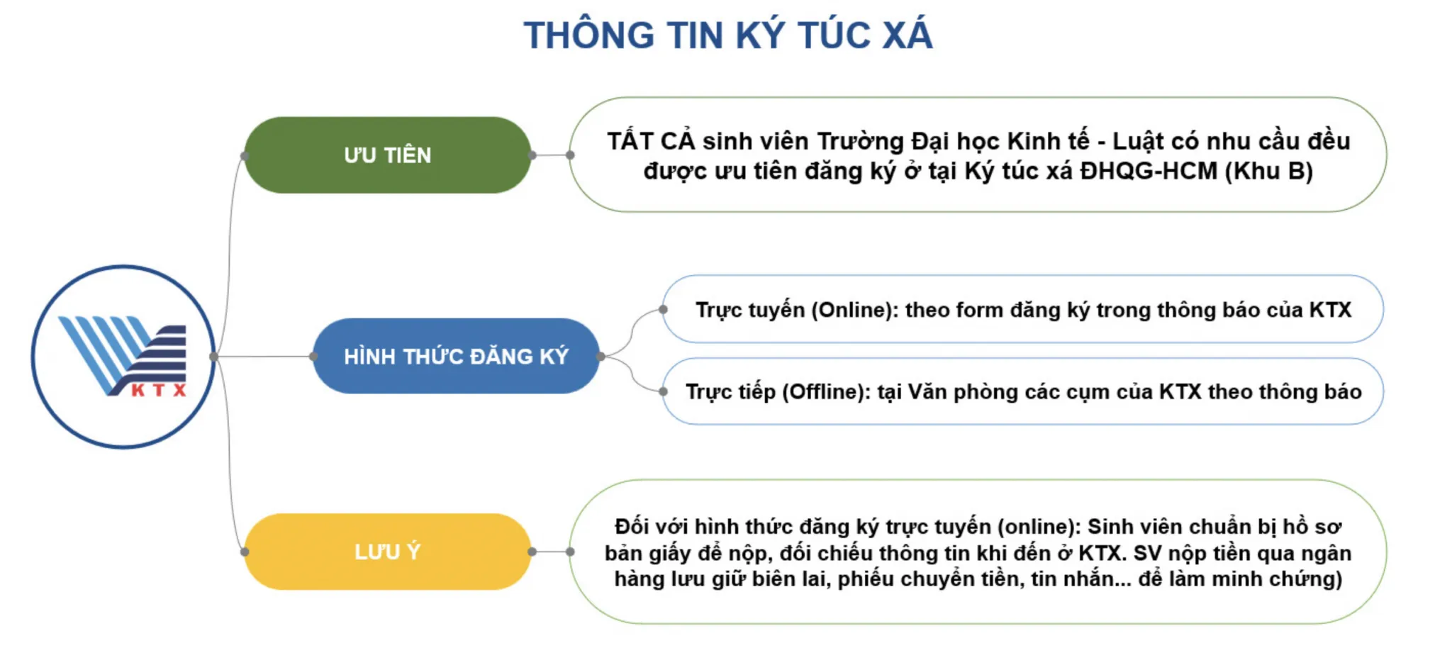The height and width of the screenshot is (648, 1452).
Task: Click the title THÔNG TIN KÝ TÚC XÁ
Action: [728, 35]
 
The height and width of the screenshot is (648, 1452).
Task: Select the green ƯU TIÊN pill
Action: [388, 155]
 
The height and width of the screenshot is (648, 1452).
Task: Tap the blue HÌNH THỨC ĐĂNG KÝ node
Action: [457, 356]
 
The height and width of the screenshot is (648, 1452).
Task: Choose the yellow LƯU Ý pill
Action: [388, 552]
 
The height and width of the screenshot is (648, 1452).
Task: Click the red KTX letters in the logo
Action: [159, 390]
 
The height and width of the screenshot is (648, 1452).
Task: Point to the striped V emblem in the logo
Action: [122, 354]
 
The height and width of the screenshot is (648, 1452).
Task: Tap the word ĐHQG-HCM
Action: [1149, 171]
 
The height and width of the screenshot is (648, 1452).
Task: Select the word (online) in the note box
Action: [1039, 527]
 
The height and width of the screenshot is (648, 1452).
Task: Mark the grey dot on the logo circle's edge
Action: [214, 357]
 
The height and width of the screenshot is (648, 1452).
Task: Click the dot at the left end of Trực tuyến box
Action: [663, 309]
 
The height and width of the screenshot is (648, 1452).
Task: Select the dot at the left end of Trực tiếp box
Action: [663, 391]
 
